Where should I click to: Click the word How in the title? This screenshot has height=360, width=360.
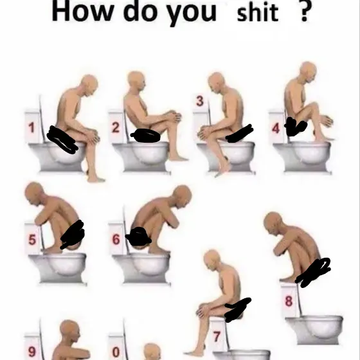pos(82,11)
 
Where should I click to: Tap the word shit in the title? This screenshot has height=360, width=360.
pos(257,13)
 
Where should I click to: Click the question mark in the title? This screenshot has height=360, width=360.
pos(305,12)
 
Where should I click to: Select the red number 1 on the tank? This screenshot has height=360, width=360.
pos(32,127)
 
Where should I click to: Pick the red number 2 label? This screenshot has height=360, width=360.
pos(116,128)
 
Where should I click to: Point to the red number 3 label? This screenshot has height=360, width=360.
pos(199,102)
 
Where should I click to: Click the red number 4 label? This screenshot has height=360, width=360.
pos(276,128)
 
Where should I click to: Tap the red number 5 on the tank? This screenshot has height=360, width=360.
pos(32,239)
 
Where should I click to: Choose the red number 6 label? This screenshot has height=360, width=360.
pos(116,239)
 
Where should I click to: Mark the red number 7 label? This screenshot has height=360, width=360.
pos(217,337)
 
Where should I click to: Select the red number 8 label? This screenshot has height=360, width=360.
pos(289,301)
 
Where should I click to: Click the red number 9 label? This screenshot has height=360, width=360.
pos(32,351)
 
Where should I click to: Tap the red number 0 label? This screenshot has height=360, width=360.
pos(116,352)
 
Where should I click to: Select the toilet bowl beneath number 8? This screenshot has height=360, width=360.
pos(315,330)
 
